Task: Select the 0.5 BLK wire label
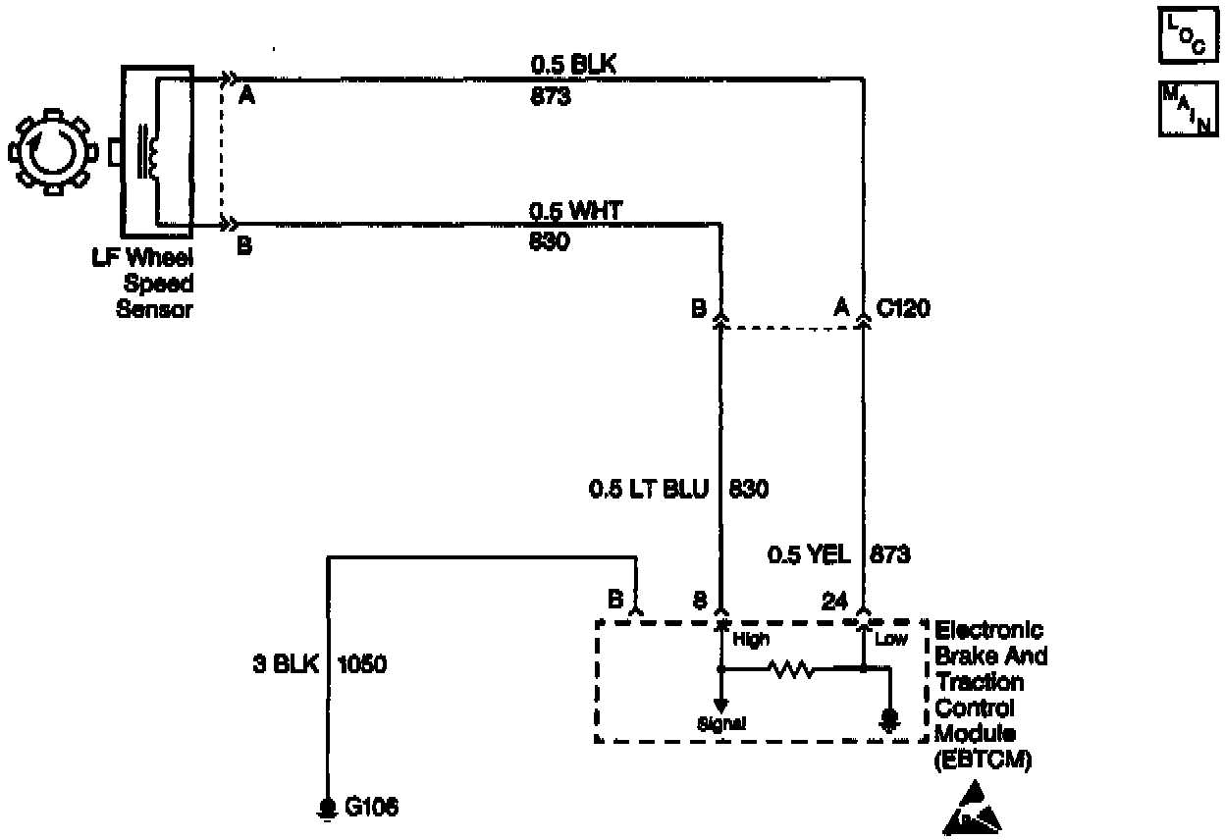[573, 66]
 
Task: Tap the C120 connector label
[903, 309]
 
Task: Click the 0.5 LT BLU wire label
[648, 488]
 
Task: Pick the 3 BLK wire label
[287, 664]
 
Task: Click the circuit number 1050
[362, 664]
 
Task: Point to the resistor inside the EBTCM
[791, 670]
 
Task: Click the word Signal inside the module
[722, 724]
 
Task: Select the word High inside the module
[751, 640]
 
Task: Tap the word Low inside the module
[891, 640]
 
